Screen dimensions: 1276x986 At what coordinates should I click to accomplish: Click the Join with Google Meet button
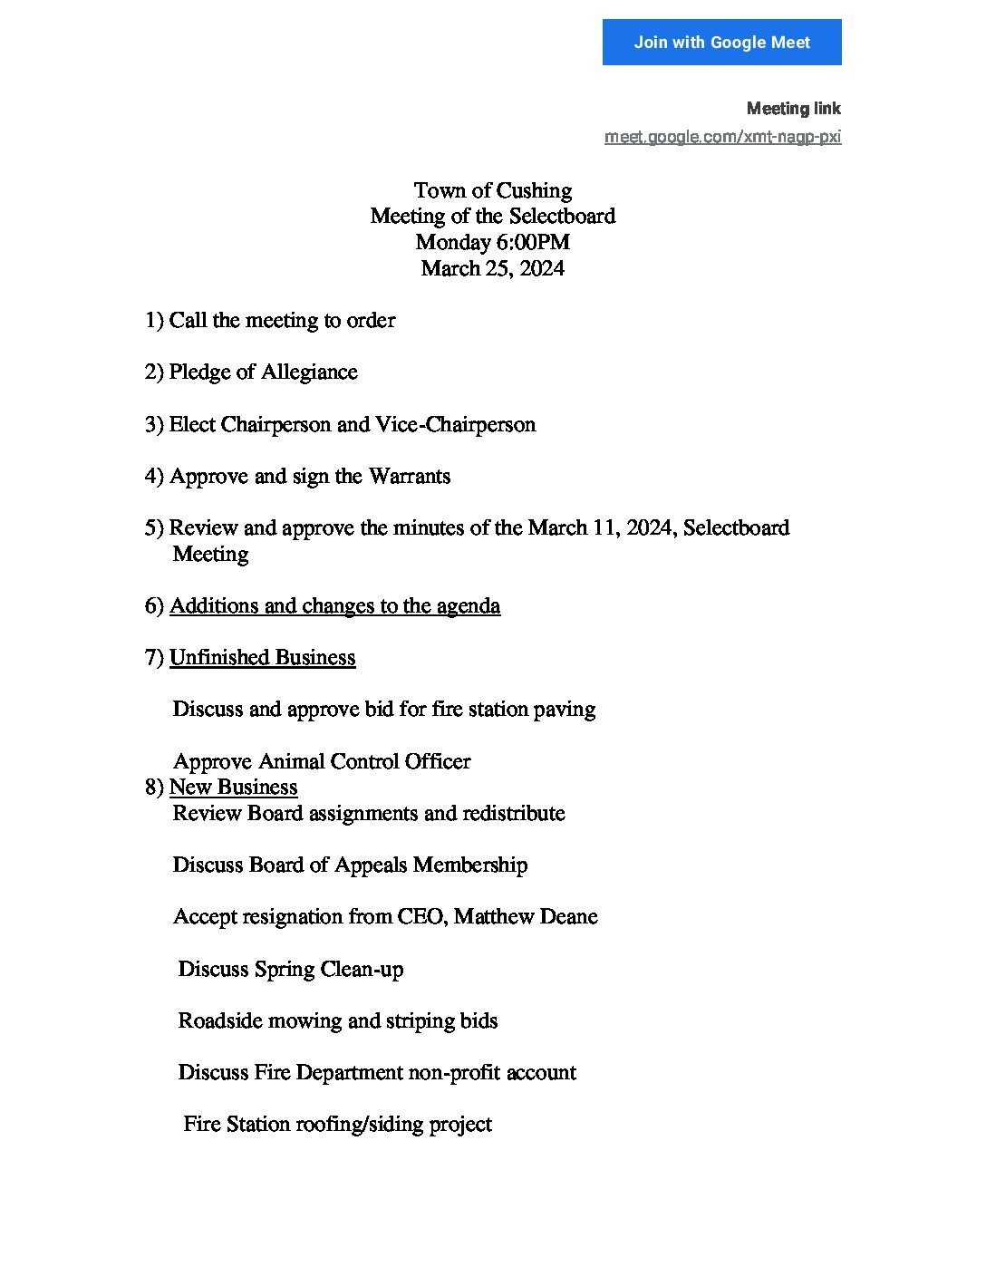click(x=721, y=43)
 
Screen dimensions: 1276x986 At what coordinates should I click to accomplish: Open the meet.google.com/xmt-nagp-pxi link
click(x=722, y=137)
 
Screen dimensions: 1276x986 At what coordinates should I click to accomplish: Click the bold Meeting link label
click(x=793, y=109)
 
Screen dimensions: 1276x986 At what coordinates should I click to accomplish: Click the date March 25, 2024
click(x=492, y=269)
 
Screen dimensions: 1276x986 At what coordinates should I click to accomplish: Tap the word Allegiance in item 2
click(x=309, y=372)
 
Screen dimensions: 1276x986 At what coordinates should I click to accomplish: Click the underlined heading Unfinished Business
click(x=262, y=658)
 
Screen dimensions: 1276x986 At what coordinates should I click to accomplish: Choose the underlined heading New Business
click(x=233, y=788)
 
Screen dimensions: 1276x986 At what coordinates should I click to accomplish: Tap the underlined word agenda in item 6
click(x=468, y=606)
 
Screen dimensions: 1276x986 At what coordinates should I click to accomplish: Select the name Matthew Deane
click(x=526, y=917)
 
